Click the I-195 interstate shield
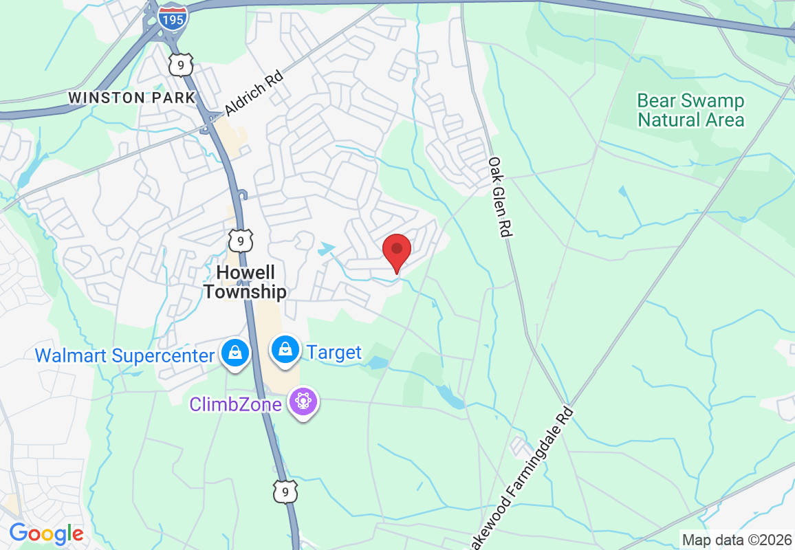tap(171, 18)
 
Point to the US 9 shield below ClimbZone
tap(285, 491)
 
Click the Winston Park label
tap(132, 98)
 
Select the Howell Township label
tap(244, 282)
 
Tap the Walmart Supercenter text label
tap(124, 355)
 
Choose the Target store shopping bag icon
tap(284, 350)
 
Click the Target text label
tap(334, 353)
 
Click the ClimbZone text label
tap(236, 404)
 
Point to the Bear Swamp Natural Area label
tap(690, 111)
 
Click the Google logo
tap(46, 533)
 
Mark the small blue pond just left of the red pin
tap(327, 247)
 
